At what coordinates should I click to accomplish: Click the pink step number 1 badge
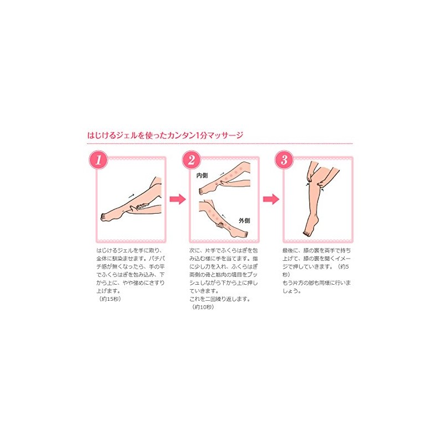(x=98, y=160)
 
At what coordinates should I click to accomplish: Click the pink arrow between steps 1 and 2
(x=176, y=198)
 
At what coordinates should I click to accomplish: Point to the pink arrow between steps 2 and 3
(x=270, y=198)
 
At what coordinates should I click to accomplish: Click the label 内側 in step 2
(x=202, y=175)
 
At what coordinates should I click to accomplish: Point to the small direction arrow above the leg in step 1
(x=131, y=195)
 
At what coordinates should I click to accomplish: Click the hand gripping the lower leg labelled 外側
(x=221, y=226)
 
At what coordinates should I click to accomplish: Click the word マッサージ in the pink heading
(x=226, y=135)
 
